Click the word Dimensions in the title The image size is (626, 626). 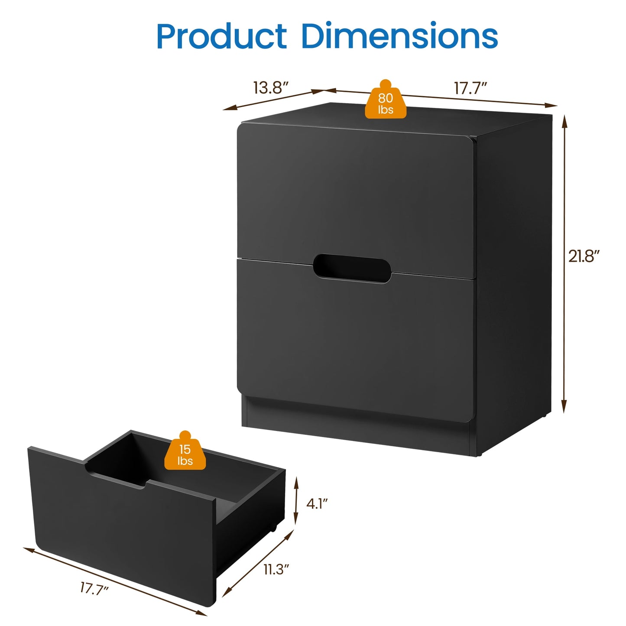400,35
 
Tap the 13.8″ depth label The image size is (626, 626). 271,88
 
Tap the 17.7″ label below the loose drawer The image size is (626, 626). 94,589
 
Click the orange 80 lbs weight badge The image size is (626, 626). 386,100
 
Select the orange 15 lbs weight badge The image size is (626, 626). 185,451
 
